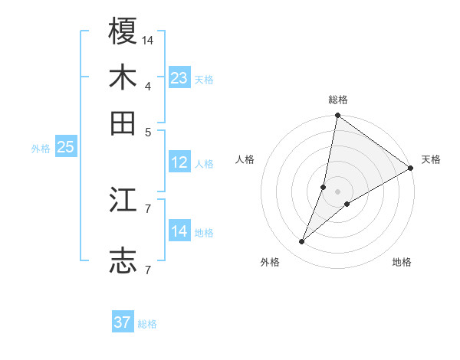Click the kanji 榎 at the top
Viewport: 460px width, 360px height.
pyautogui.click(x=123, y=32)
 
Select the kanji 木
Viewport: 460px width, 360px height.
pyautogui.click(x=123, y=77)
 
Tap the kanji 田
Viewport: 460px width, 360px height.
pyautogui.click(x=123, y=122)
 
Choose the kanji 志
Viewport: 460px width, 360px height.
pyautogui.click(x=123, y=260)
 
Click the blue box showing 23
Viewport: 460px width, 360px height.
pyautogui.click(x=179, y=78)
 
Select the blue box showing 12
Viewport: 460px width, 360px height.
pyautogui.click(x=179, y=162)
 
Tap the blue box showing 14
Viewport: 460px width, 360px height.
pyautogui.click(x=179, y=231)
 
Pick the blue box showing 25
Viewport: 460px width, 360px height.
pyautogui.click(x=65, y=148)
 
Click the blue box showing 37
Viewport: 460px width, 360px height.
pyautogui.click(x=123, y=322)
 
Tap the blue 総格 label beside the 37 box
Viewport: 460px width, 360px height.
pyautogui.click(x=147, y=324)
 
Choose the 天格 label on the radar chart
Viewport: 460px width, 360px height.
pyautogui.click(x=431, y=159)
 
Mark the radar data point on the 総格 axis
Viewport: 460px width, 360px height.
pyautogui.click(x=337, y=116)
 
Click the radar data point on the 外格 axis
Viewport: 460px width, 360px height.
pyautogui.click(x=302, y=242)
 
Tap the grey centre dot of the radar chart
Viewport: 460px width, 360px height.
pyautogui.click(x=337, y=191)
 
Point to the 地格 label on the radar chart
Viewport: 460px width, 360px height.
pyautogui.click(x=402, y=262)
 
